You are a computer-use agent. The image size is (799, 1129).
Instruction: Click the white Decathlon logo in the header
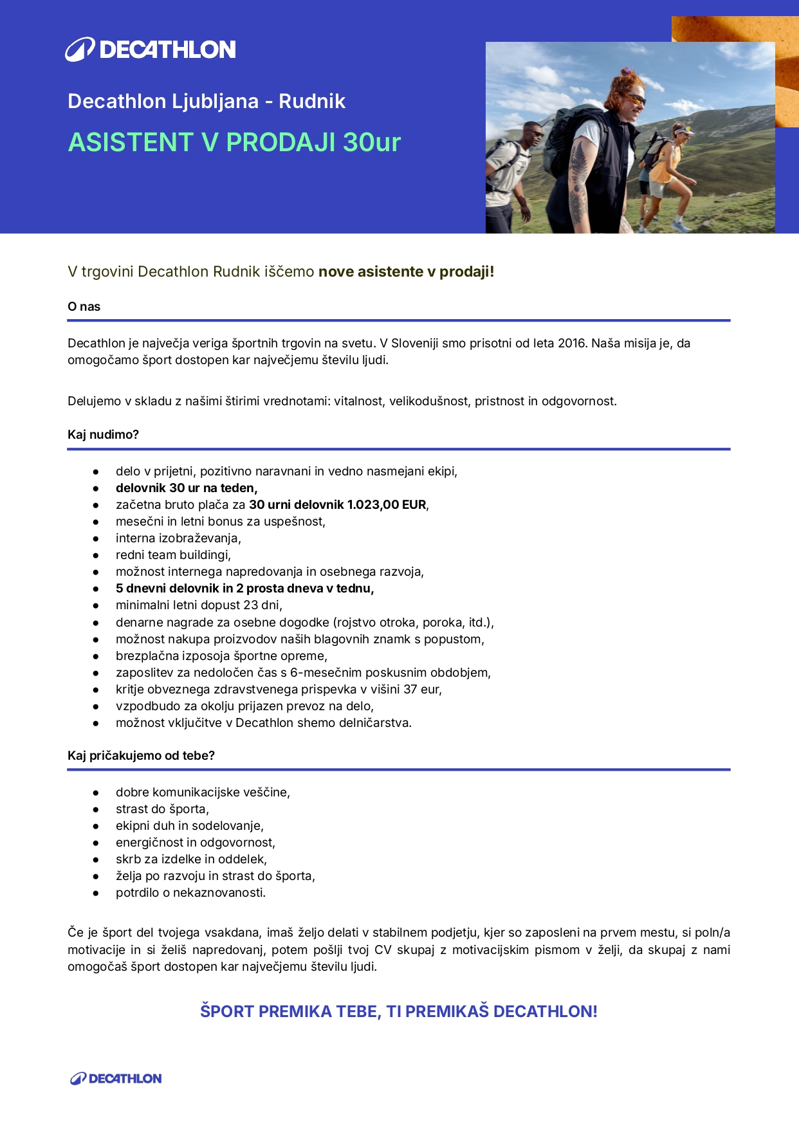151,50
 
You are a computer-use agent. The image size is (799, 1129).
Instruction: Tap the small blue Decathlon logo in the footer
116,1079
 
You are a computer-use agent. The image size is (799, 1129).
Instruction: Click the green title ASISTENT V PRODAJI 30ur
234,142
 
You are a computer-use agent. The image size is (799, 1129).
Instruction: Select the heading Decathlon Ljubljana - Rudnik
207,101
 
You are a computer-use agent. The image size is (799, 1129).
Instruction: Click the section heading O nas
84,307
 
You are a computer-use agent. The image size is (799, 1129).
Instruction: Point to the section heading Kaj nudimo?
103,435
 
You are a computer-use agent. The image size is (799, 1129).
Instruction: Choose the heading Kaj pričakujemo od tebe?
141,756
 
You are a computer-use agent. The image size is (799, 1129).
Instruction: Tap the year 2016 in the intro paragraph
571,344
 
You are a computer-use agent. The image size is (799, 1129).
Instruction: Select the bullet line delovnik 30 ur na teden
187,488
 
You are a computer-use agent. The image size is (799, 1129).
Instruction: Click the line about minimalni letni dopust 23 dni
199,605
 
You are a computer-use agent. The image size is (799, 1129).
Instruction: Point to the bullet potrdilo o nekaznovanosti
190,893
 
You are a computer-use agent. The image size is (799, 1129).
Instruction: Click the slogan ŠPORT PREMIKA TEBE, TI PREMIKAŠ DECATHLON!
399,1011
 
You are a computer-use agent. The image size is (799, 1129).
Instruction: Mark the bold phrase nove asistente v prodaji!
407,271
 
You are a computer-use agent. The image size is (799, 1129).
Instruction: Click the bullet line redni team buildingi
173,555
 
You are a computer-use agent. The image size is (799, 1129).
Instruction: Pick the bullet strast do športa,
162,809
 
